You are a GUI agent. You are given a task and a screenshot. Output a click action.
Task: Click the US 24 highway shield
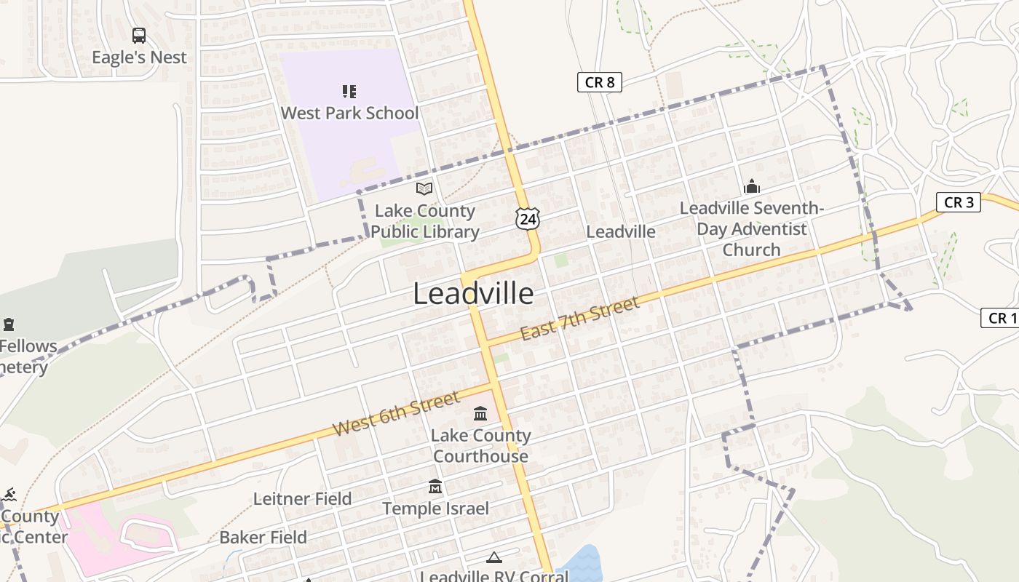pos(529,218)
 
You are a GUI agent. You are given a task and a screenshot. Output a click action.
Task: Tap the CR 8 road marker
pos(600,82)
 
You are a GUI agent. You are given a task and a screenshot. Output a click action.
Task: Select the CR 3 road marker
pos(959,202)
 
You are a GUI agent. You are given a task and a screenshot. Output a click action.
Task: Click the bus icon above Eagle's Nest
pos(138,35)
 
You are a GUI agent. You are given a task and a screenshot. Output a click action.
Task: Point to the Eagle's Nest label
pos(139,57)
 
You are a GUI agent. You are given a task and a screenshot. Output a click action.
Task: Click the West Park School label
pos(349,113)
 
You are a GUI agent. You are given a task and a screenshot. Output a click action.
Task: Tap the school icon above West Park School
pos(349,92)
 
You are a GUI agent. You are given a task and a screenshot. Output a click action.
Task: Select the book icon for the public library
pos(424,189)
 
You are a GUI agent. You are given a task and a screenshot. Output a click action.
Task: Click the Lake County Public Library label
pos(425,221)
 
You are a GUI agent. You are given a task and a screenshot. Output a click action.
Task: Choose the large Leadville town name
pos(473,294)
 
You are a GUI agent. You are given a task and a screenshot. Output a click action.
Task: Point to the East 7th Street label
pos(579,319)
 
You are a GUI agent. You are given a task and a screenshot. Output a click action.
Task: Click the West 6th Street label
pos(397,413)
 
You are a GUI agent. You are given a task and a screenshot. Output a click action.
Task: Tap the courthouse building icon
pos(480,414)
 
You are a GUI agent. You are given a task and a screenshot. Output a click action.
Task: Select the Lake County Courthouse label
pos(480,446)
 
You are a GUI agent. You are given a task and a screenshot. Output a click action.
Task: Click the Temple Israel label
pos(435,509)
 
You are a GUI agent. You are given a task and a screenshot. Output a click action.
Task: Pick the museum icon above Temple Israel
pos(435,487)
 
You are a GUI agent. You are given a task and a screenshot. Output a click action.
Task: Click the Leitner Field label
pos(302,499)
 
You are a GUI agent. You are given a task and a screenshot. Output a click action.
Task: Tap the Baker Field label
pos(263,538)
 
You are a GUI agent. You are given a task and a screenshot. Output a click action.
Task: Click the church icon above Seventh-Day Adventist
pos(752,187)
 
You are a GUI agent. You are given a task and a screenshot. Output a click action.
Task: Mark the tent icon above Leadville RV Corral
pos(494,558)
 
